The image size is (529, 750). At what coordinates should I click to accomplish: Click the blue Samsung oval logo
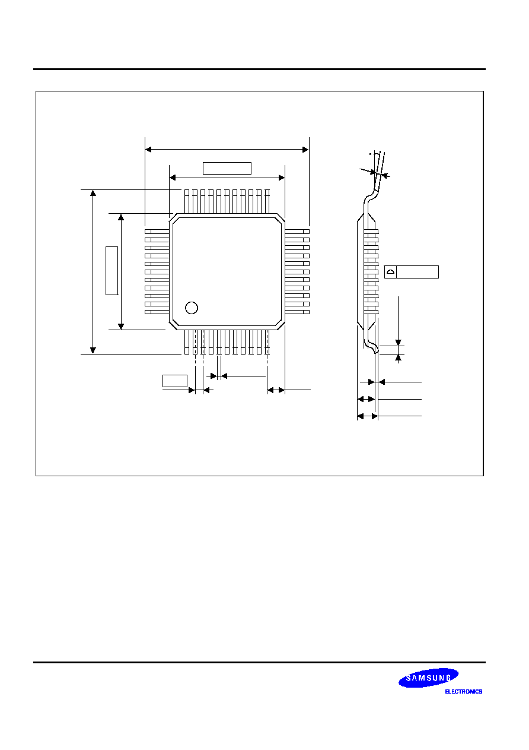pyautogui.click(x=428, y=678)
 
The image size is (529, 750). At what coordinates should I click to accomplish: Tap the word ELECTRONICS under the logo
pyautogui.click(x=463, y=691)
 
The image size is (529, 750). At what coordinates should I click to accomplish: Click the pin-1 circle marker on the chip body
pyautogui.click(x=192, y=308)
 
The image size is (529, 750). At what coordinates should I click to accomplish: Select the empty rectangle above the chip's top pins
pyautogui.click(x=227, y=169)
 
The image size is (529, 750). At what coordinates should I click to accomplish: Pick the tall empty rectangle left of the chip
pyautogui.click(x=111, y=271)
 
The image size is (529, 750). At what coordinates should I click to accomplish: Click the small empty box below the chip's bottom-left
pyautogui.click(x=175, y=381)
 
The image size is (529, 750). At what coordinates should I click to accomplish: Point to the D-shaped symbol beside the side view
pyautogui.click(x=390, y=271)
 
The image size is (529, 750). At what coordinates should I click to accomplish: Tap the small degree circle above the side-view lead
pyautogui.click(x=370, y=154)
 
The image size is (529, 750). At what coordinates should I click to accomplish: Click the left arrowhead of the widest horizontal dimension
pyautogui.click(x=148, y=149)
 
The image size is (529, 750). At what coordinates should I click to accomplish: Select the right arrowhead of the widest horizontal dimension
pyautogui.click(x=305, y=149)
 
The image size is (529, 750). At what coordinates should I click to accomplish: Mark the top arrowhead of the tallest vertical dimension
pyautogui.click(x=93, y=193)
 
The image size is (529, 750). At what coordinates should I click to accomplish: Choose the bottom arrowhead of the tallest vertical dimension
pyautogui.click(x=93, y=350)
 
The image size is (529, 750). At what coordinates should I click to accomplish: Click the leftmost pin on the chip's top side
pyautogui.click(x=187, y=201)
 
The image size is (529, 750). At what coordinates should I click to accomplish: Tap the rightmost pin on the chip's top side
pyautogui.click(x=267, y=201)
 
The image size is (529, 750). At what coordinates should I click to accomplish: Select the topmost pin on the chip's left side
pyautogui.click(x=157, y=232)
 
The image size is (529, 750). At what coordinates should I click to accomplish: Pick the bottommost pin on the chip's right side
pyautogui.click(x=297, y=312)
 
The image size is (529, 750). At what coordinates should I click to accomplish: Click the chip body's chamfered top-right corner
pyautogui.click(x=281, y=219)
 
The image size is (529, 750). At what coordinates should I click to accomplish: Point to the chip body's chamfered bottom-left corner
pyautogui.click(x=174, y=325)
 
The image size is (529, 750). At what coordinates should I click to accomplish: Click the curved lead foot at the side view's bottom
pyautogui.click(x=372, y=347)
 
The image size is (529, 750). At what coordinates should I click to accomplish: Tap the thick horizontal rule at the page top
pyautogui.click(x=260, y=69)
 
